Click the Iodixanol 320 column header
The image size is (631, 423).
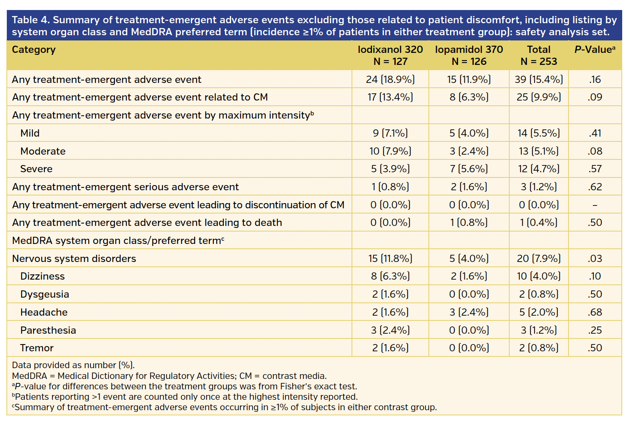(390, 55)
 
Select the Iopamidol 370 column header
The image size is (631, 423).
(469, 55)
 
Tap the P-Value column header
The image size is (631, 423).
(595, 50)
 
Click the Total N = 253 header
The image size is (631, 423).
(539, 55)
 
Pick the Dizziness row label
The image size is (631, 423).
(42, 276)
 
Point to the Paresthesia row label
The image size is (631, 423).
(48, 330)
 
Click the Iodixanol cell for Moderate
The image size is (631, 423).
(390, 151)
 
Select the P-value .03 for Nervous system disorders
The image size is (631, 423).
(595, 258)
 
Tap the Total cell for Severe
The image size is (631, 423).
(539, 169)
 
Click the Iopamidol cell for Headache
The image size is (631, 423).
(469, 312)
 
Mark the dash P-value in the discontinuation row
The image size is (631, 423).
(595, 205)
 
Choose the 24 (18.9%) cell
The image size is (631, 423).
(390, 79)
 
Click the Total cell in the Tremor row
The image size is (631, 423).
(539, 348)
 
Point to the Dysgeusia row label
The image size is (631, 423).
(44, 294)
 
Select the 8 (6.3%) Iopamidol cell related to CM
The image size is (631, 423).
(469, 97)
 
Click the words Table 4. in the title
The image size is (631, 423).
(31, 20)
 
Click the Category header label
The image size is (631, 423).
(34, 50)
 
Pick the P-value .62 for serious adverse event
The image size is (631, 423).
(595, 187)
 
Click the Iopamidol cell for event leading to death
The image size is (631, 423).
(469, 223)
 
